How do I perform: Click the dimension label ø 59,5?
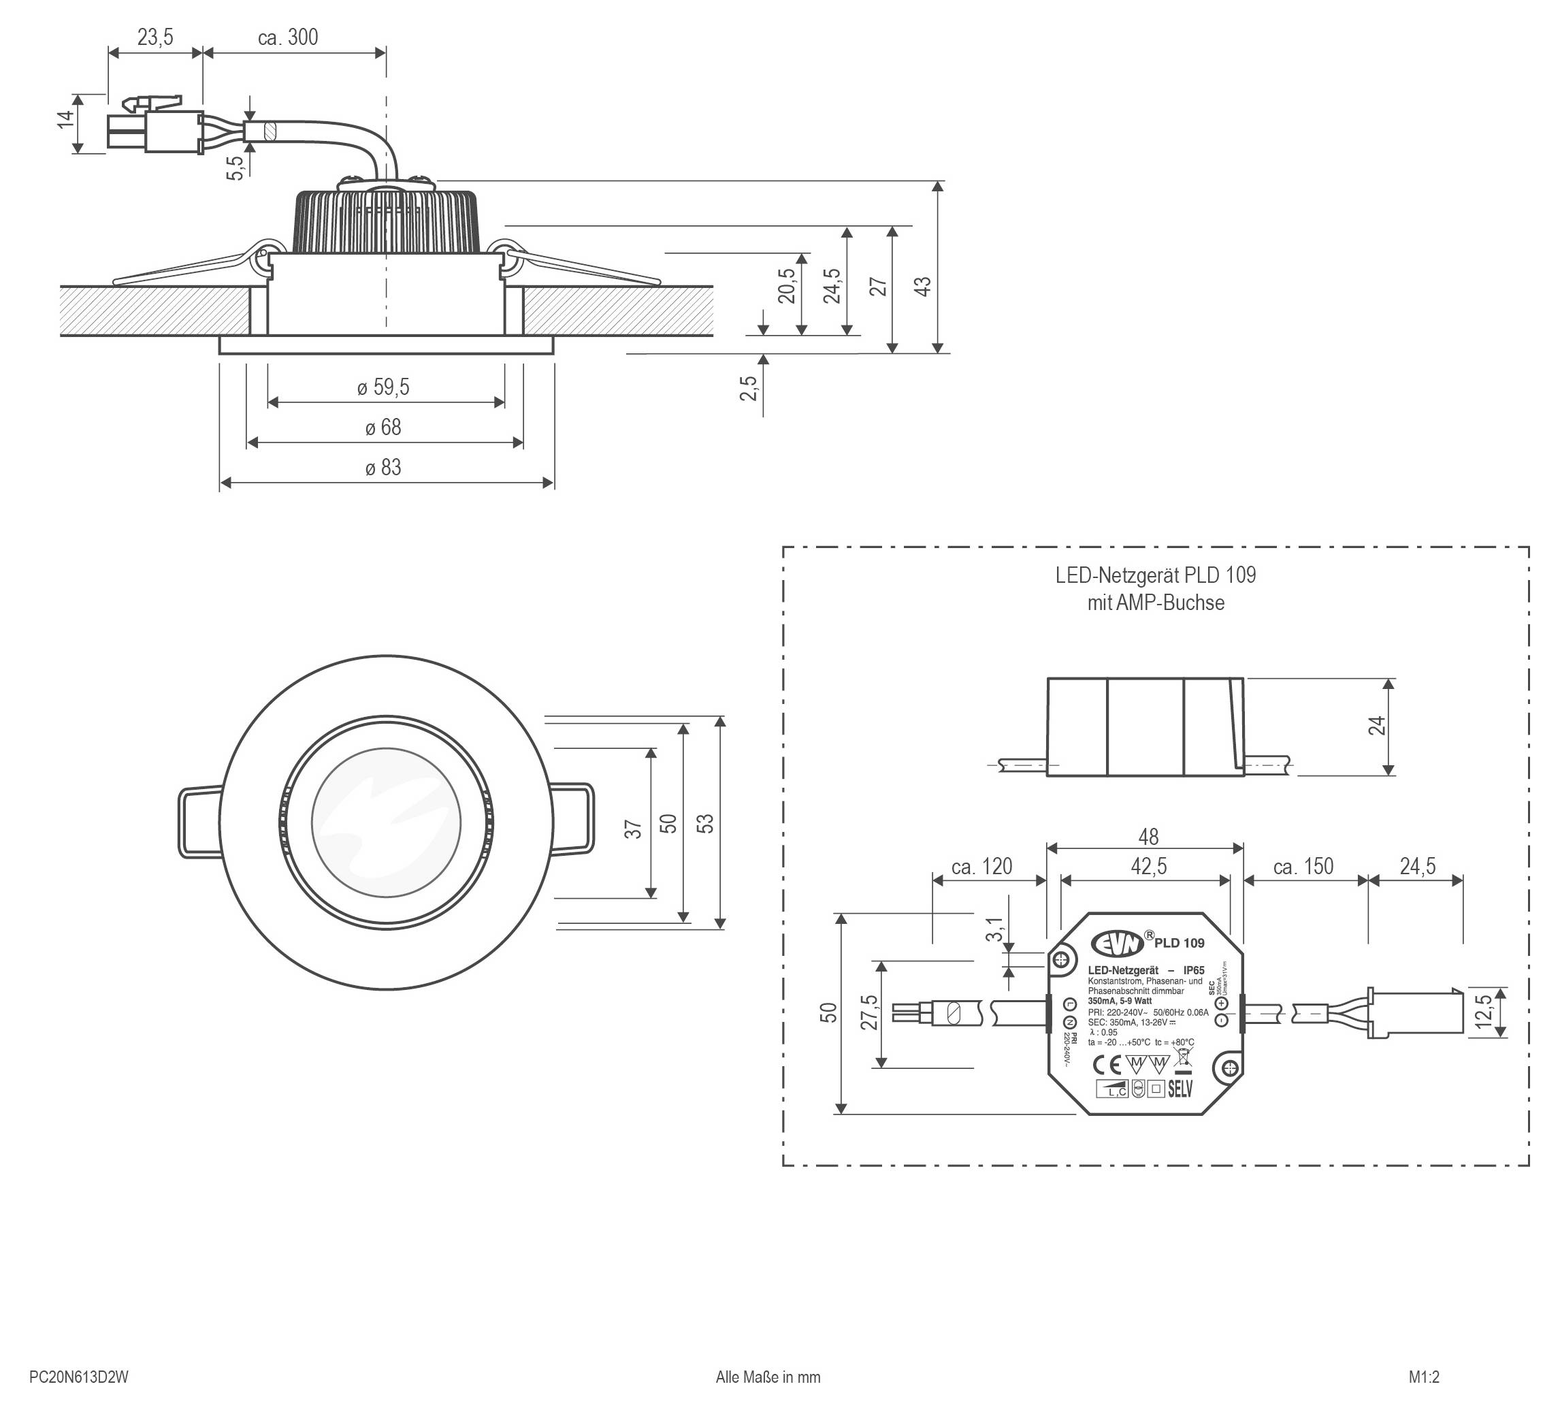pos(383,387)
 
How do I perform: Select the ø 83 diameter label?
pos(383,468)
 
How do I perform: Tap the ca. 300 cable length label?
pos(288,37)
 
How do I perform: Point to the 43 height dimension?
pos(923,285)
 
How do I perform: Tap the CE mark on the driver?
pos(1106,1063)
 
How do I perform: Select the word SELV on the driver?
pos(1180,1088)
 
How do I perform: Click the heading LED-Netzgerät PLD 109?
pos(1155,575)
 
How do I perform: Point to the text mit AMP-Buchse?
pos(1155,603)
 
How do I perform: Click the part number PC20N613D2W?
pos(78,1377)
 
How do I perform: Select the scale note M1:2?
pos(1424,1377)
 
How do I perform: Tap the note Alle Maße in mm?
pos(768,1377)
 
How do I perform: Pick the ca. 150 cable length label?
pos(1304,866)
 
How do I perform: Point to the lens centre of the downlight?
pos(386,822)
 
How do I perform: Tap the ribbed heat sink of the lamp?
pos(387,221)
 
